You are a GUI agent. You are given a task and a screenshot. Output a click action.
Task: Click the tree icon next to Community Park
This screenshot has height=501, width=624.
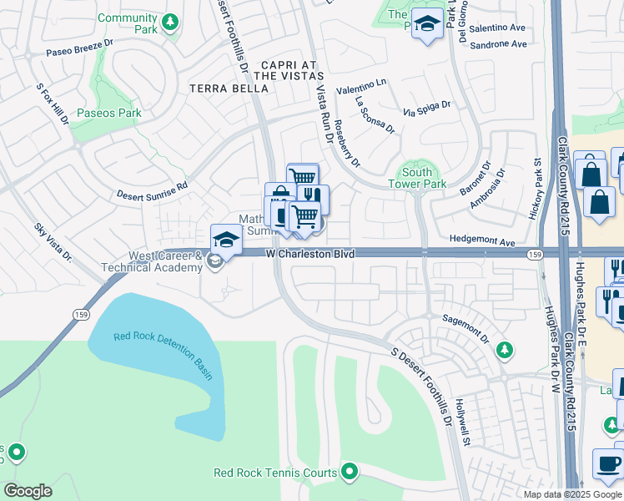coord(170,23)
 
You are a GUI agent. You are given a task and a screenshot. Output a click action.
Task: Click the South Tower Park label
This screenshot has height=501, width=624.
coord(417,178)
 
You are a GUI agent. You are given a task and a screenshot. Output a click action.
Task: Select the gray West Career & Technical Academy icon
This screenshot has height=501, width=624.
coord(214,263)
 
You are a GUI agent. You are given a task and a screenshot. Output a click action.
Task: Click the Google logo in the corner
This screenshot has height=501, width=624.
coord(28,490)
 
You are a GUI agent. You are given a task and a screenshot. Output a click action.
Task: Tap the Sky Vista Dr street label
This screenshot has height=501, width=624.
coord(53,243)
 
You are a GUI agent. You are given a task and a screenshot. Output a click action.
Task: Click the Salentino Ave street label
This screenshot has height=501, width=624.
coord(499,28)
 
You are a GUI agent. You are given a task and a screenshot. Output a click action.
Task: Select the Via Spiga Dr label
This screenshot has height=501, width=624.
coord(426,107)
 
